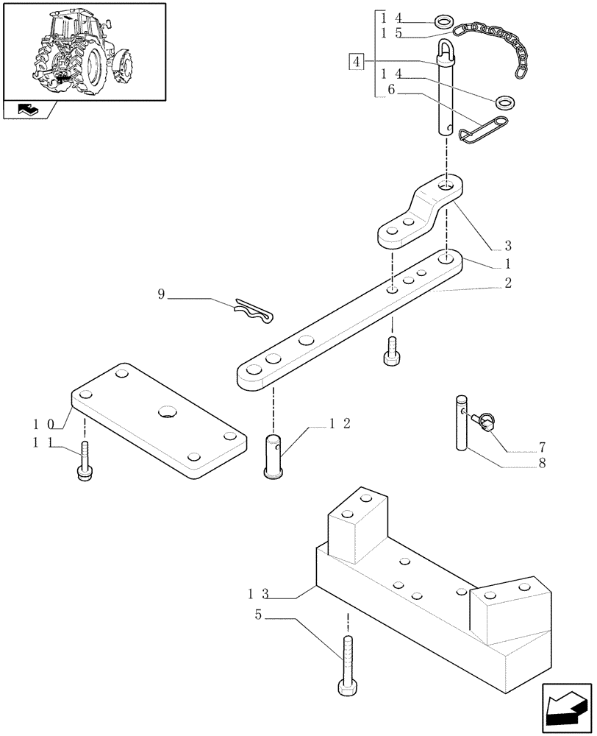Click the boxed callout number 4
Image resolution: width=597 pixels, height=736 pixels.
point(356,61)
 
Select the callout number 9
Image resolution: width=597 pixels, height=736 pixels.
point(162,294)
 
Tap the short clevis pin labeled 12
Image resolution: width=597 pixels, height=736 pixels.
point(274,456)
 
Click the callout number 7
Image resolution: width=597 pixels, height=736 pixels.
point(543,447)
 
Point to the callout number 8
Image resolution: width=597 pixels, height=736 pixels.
point(543,464)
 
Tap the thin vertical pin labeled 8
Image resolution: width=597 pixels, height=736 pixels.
point(461,422)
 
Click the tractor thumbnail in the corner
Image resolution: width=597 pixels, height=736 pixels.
point(83,52)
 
